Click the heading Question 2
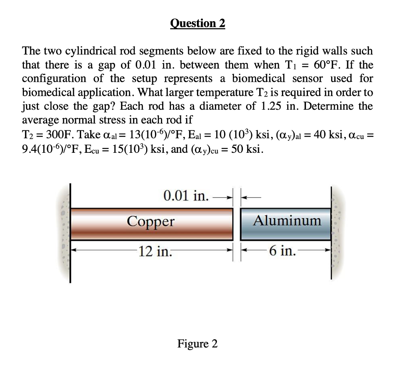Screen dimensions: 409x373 [x=198, y=24]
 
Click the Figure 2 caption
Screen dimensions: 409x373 [x=198, y=343]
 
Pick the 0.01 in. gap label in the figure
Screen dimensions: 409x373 [x=186, y=196]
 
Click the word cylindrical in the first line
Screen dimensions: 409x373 [x=91, y=51]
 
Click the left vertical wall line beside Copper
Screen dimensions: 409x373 [x=71, y=231]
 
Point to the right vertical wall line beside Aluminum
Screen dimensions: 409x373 [x=331, y=231]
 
